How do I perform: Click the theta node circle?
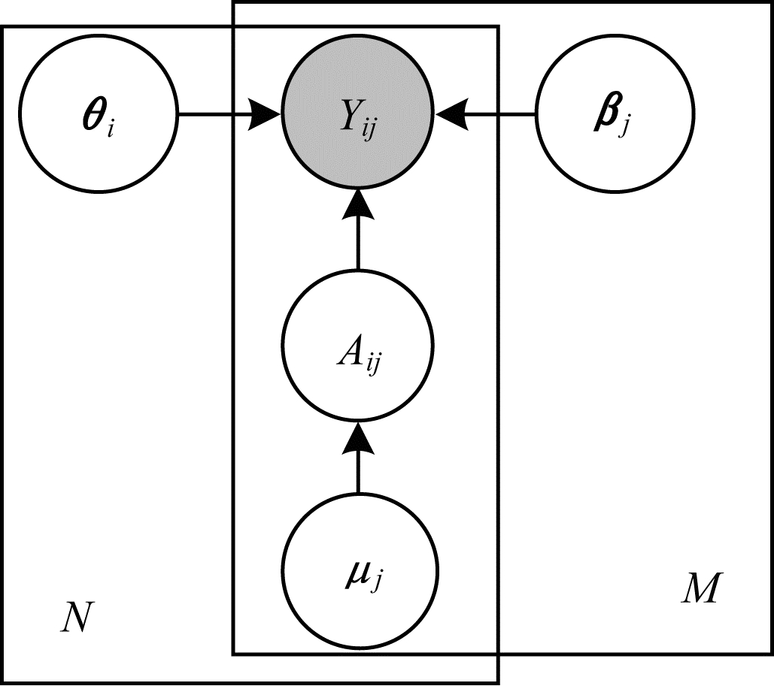98,115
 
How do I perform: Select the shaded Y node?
358,115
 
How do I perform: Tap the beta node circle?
615,115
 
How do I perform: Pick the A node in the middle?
358,349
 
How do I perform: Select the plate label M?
699,590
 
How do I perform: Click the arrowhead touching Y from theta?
267,115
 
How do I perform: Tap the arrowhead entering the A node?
358,437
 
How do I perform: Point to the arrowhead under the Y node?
358,204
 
